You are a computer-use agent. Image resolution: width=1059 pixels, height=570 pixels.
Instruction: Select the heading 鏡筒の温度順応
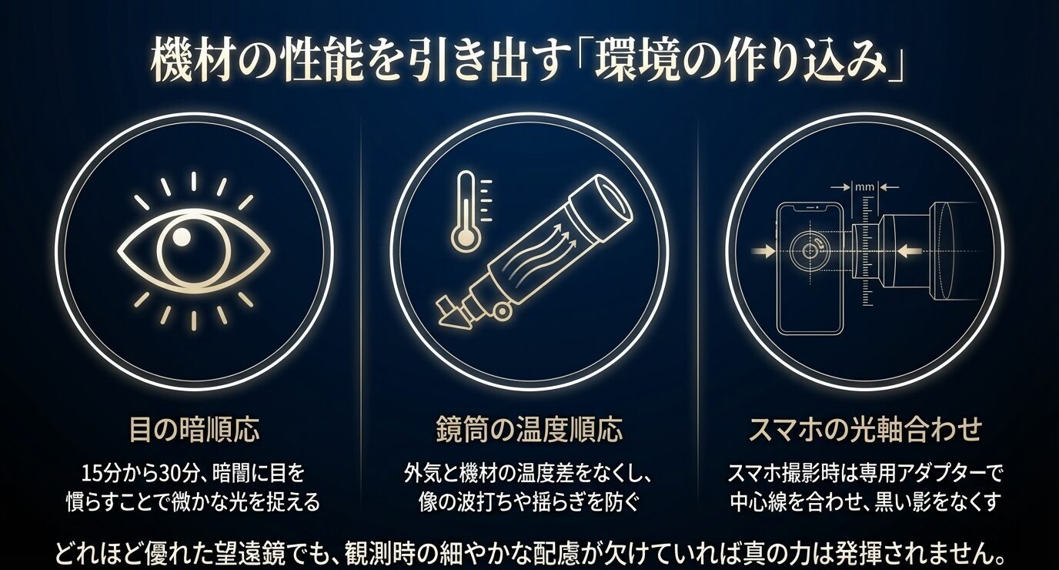point(529,429)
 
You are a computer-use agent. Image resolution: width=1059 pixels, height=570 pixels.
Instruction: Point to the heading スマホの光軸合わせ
point(865,429)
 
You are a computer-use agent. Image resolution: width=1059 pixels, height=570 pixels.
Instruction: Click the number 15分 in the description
point(101,472)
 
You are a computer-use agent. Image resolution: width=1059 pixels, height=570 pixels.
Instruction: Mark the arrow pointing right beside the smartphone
point(767,250)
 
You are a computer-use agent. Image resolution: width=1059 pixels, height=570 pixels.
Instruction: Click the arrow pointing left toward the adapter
point(908,250)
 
